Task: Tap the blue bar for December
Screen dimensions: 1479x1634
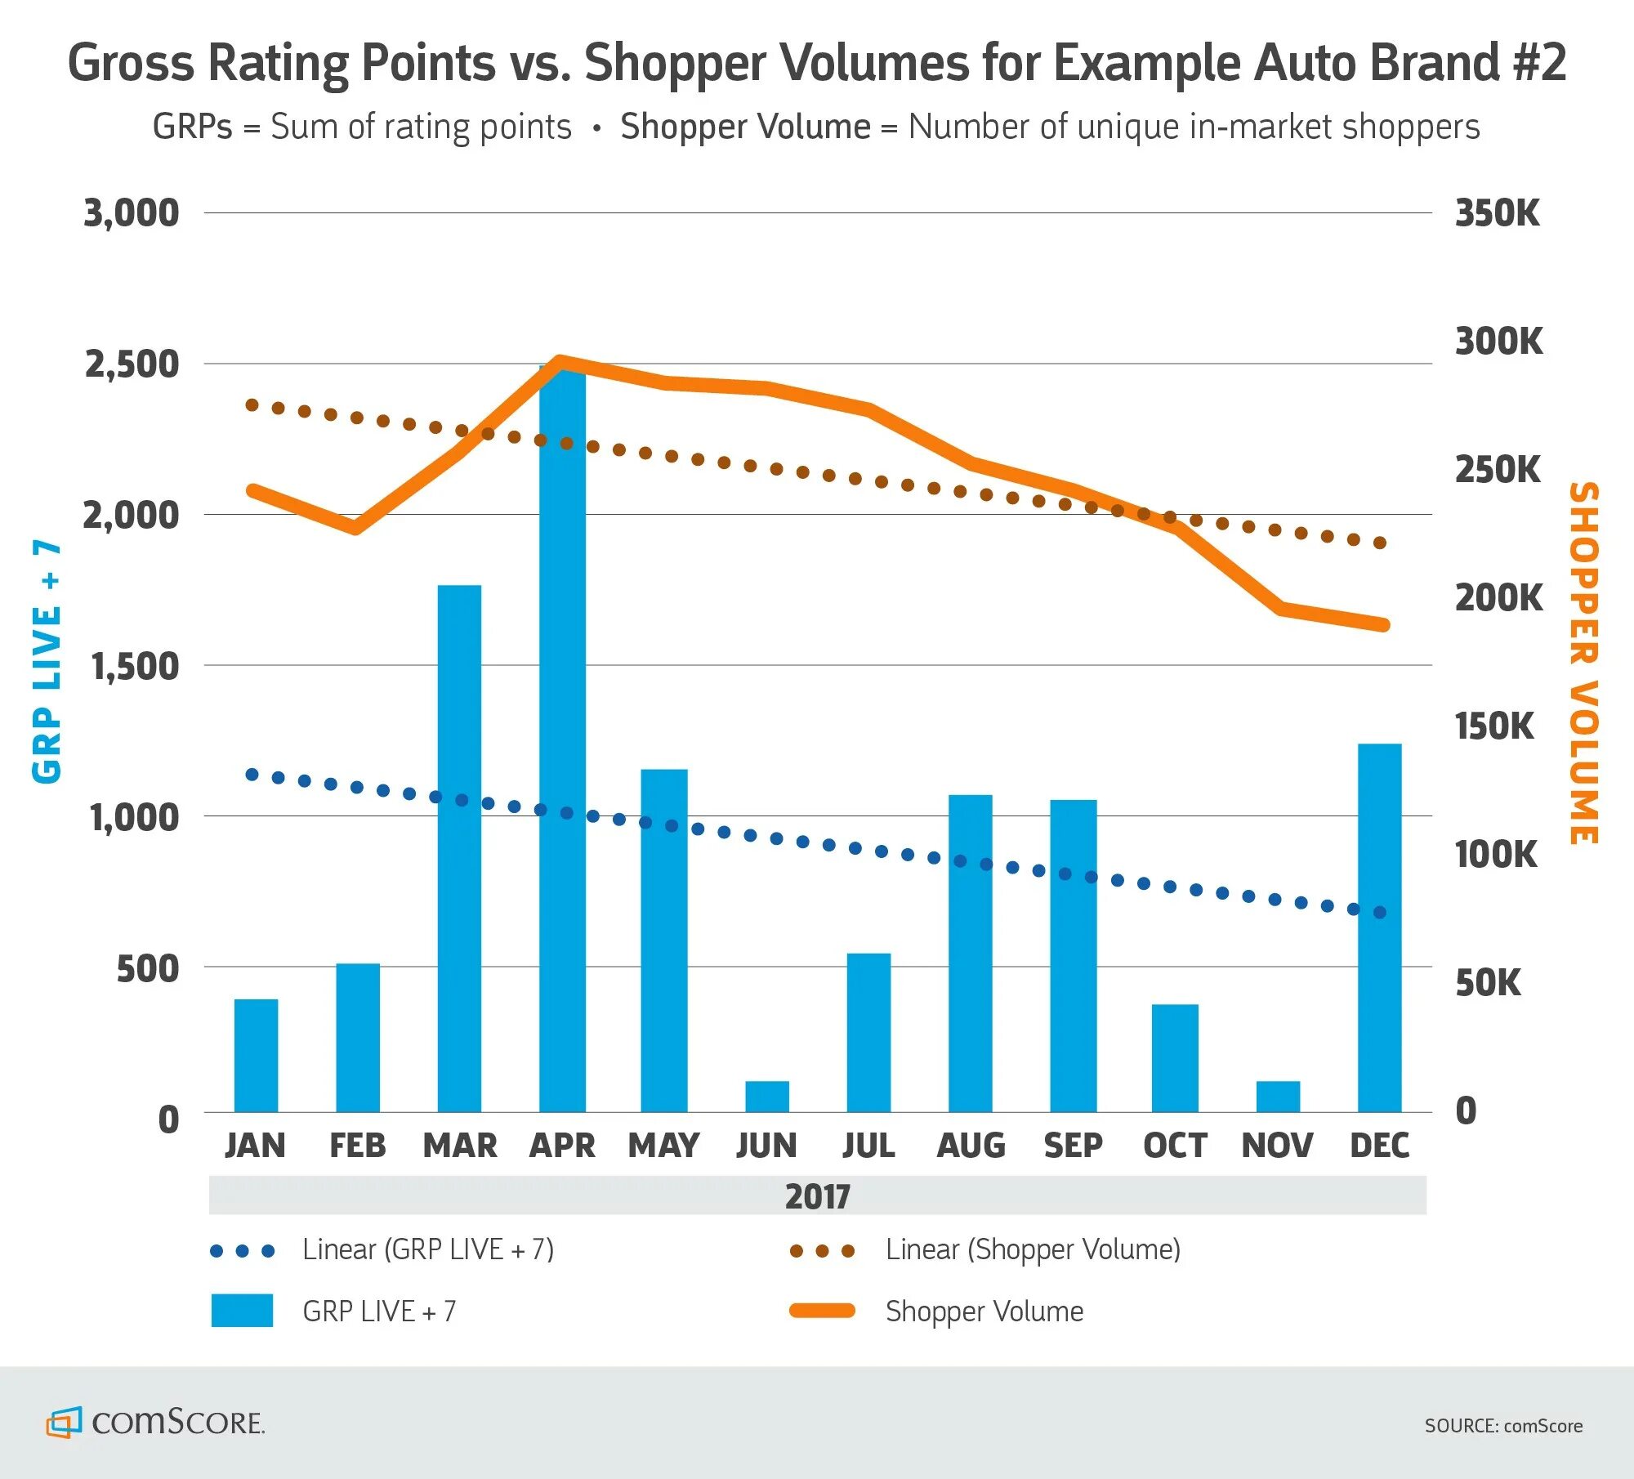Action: tap(1379, 927)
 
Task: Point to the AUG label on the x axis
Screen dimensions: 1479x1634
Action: tap(971, 1146)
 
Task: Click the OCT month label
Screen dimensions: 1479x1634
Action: tap(1175, 1146)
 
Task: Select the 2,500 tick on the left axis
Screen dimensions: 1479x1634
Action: tap(132, 364)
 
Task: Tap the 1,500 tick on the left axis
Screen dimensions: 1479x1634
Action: tap(135, 667)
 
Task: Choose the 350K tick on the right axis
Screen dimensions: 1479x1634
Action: tap(1497, 213)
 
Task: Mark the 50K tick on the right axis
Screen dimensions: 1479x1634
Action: tap(1488, 983)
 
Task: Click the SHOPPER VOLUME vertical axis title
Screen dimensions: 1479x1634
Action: tap(1583, 663)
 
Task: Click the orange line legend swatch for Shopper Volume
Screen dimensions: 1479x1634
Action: tap(822, 1311)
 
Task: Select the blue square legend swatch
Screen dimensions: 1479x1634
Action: tap(242, 1311)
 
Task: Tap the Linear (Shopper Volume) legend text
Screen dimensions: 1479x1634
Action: tap(1033, 1250)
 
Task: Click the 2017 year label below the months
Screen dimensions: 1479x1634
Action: tap(817, 1197)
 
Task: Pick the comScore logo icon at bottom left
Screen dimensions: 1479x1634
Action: tap(64, 1423)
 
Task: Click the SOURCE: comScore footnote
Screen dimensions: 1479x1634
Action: tap(1503, 1426)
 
